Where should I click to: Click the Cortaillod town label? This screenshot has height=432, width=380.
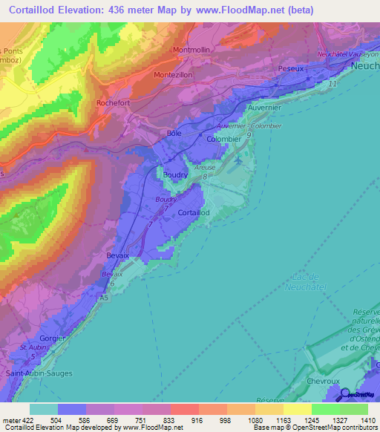point(194,213)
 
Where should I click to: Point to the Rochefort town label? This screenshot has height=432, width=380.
point(114,103)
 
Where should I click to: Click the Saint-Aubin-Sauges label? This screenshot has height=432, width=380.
point(39,373)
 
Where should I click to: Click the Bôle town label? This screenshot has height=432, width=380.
point(174,134)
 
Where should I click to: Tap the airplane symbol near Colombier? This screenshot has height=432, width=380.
point(237,159)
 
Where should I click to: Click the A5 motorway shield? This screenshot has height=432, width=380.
point(103,297)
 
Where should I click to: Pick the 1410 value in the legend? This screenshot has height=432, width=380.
point(368,420)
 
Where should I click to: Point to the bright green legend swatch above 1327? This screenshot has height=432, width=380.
point(325,409)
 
